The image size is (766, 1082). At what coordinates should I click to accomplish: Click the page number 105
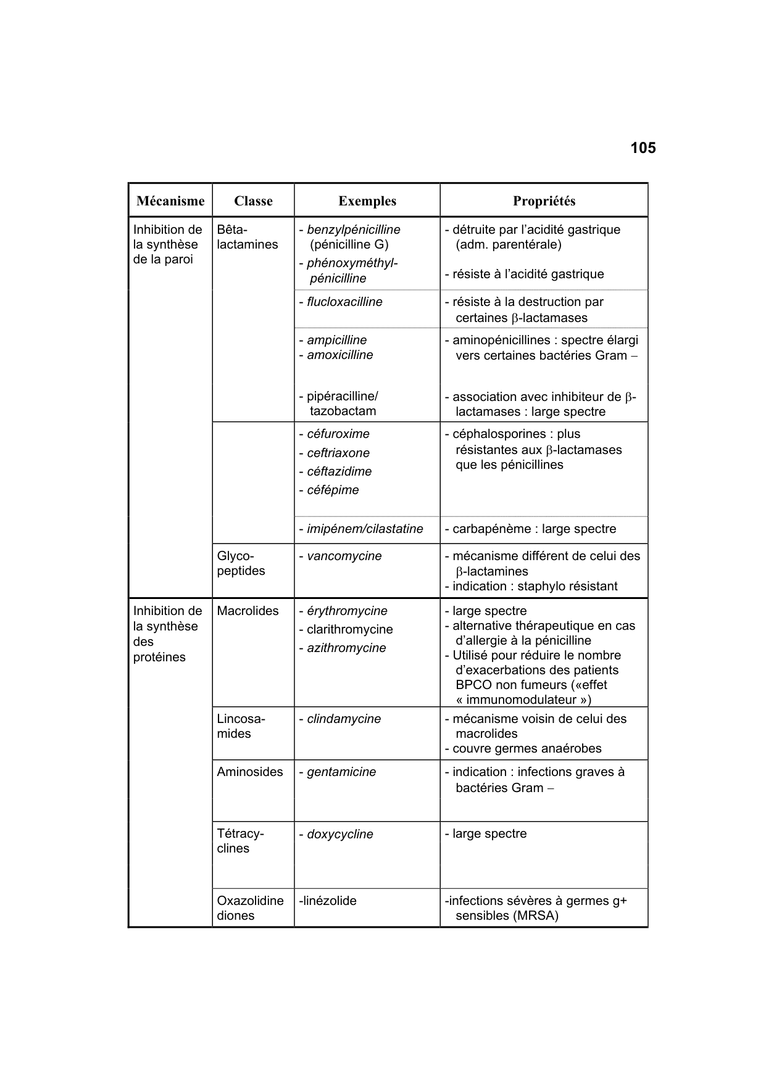pos(643,148)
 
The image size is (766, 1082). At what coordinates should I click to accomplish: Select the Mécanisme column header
pos(170,201)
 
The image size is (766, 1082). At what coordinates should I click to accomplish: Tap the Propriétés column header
pos(544,201)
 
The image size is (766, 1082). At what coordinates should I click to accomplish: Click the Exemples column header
pos(367,201)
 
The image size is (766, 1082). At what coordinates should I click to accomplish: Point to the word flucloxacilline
pos(344,302)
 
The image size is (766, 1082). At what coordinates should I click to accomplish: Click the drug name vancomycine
pos(344,556)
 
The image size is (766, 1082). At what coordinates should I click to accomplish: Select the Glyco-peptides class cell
pos(241,563)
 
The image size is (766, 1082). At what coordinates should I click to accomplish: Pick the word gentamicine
pos(341,772)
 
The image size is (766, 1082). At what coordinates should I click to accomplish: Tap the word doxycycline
pos(340,834)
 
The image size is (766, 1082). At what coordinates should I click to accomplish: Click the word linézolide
pos(329,901)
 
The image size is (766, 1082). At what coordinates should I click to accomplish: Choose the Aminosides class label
pos(250,772)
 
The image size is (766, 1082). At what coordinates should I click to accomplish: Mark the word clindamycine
pos(344,719)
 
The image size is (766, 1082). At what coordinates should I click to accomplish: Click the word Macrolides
pos(248,611)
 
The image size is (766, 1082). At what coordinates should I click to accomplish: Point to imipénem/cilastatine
pos(365,529)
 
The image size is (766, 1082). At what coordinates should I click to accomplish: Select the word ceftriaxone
pos(338,453)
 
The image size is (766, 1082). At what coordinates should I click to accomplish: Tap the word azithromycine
pos(346,648)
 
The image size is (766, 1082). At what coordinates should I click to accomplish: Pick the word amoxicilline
pos(339,355)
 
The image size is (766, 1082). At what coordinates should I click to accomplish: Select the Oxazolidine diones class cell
pos(250,908)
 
